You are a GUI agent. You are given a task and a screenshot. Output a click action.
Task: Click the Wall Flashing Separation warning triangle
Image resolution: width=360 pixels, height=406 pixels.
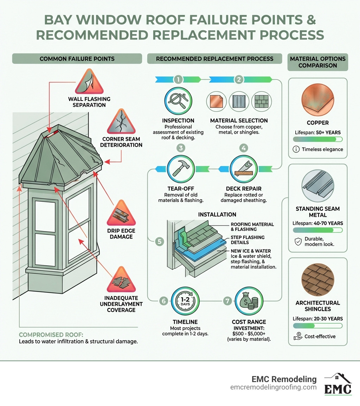pyautogui.click(x=89, y=83)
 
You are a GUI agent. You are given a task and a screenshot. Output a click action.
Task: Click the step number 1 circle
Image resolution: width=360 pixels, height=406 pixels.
pyautogui.click(x=178, y=79)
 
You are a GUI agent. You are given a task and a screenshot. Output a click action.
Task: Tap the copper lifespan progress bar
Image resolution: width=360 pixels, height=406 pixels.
pyautogui.click(x=317, y=139)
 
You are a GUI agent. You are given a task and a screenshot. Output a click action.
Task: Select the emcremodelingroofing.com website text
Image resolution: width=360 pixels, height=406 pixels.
pyautogui.click(x=274, y=387)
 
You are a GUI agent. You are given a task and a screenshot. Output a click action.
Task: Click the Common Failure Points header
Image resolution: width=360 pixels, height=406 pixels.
pyautogui.click(x=77, y=58)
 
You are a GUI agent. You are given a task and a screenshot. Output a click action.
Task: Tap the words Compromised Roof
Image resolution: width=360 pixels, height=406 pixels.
pyautogui.click(x=43, y=335)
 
